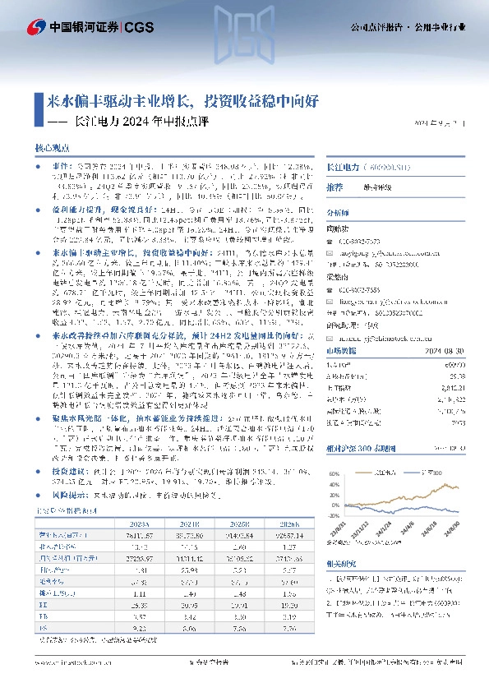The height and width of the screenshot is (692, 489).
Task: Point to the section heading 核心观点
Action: click(x=53, y=148)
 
